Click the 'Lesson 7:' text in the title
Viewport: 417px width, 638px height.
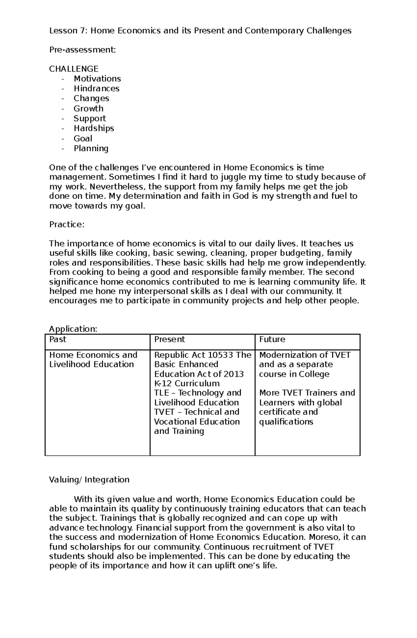68,31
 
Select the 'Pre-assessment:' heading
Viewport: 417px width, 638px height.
82,50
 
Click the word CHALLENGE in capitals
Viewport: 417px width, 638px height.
74,69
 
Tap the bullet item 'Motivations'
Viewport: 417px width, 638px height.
97,79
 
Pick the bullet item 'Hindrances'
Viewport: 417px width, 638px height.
96,89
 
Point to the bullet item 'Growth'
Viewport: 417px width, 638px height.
88,108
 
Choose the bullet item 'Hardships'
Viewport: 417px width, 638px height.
94,128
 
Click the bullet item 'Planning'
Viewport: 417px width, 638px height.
91,148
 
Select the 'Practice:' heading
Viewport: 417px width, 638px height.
67,225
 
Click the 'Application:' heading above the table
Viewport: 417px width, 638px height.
73,329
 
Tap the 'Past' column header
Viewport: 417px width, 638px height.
58,339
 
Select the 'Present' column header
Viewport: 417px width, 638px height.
170,339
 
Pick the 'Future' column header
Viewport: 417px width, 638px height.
272,339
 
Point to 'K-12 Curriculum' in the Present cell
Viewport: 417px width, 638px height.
187,383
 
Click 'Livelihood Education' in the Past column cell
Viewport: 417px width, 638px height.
91,364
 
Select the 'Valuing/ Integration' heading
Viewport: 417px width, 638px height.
89,480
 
